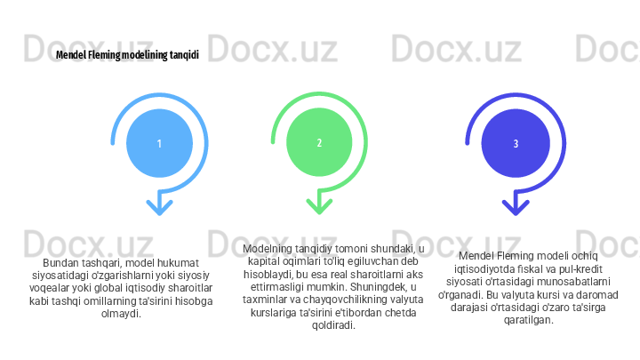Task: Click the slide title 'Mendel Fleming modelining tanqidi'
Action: click(x=127, y=55)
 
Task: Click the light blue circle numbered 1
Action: click(x=159, y=142)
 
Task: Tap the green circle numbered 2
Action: click(x=319, y=142)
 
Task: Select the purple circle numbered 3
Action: click(x=516, y=142)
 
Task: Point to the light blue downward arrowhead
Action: click(x=159, y=206)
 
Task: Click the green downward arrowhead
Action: click(x=319, y=206)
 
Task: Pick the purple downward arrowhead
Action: click(x=516, y=206)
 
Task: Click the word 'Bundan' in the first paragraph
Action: click(x=61, y=264)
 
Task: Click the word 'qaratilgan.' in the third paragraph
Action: click(x=528, y=319)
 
